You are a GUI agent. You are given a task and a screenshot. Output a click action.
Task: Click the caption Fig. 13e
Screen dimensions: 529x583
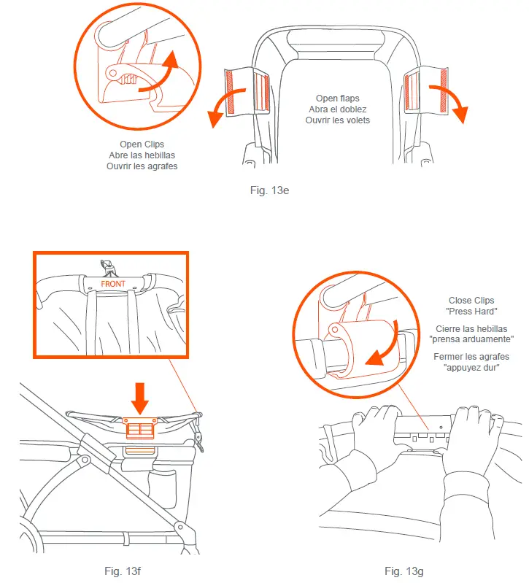click(269, 190)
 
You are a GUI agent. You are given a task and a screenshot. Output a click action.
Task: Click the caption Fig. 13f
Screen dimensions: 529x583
click(123, 571)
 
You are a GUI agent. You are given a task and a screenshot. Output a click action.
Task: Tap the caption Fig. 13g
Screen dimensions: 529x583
click(404, 571)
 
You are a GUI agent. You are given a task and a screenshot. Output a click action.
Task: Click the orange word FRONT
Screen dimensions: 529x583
click(113, 284)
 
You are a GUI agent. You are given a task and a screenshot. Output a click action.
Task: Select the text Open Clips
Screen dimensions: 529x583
click(142, 144)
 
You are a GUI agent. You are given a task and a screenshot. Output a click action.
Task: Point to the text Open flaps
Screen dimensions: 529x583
click(338, 99)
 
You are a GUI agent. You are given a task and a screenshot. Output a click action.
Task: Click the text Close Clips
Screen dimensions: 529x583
click(471, 300)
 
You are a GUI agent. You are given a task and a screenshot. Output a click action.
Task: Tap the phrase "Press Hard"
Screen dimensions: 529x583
click(471, 312)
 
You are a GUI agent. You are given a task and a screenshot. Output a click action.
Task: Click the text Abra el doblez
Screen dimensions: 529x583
click(338, 109)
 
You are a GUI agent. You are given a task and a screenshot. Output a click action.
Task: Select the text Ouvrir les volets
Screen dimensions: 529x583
click(338, 120)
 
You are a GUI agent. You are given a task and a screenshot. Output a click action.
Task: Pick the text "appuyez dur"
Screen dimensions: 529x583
click(471, 368)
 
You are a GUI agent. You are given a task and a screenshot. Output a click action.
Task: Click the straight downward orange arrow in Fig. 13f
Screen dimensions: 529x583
click(140, 398)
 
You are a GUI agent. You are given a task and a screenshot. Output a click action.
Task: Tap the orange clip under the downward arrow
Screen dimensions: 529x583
click(140, 428)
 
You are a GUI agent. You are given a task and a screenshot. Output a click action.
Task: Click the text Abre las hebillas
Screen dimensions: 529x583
click(142, 155)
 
